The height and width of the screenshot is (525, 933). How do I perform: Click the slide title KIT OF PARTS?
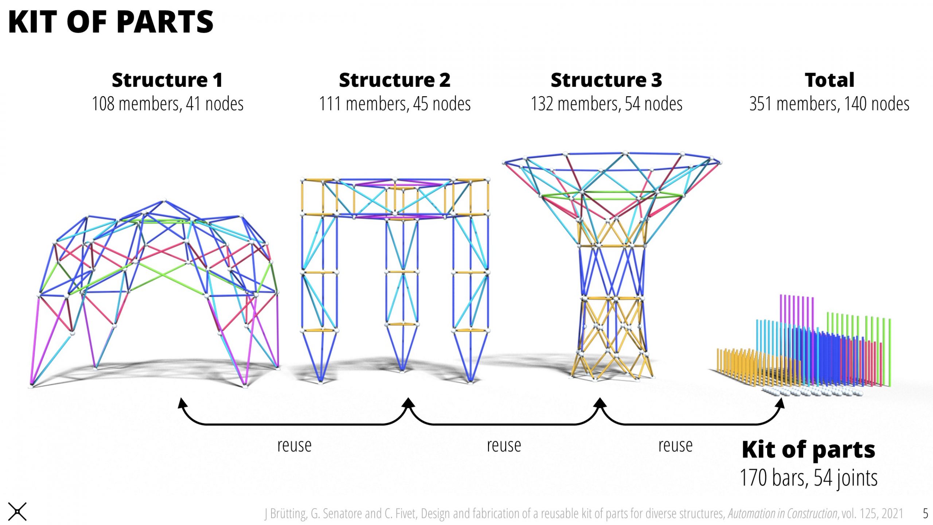110,22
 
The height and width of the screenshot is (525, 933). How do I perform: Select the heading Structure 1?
167,80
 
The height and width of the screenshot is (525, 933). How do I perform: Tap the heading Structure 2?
395,80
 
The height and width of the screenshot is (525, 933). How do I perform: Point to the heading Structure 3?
606,80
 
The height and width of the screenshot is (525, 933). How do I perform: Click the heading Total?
829,80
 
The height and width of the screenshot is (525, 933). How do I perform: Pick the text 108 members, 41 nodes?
167,104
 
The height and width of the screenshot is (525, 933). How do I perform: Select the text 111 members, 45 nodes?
395,104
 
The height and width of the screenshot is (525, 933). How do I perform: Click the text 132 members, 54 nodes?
606,104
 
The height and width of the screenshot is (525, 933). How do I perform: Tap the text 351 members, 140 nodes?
829,104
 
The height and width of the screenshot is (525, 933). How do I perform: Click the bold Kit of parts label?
808,450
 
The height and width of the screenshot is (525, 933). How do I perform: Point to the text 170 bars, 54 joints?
808,478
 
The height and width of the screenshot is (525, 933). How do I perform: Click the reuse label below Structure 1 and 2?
294,446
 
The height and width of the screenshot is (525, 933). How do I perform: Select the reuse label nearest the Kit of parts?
675,446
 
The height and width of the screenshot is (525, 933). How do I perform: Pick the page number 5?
925,513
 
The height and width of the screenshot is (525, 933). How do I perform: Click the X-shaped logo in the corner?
17,512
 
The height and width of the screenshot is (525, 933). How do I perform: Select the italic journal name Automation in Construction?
782,513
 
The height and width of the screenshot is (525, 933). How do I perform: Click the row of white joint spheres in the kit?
813,392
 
